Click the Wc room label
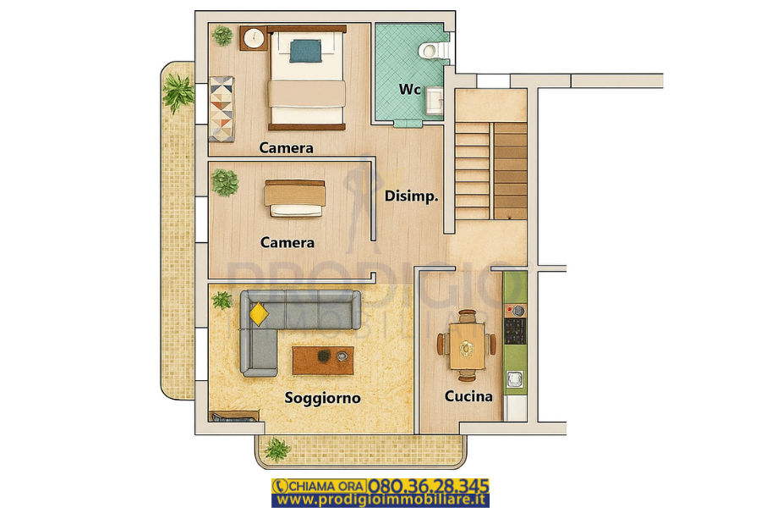pos(409,90)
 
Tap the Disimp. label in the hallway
pos(412,196)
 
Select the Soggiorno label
pos(323,398)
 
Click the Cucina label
pos(468,396)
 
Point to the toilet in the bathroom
pos(435,50)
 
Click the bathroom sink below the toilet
pos(435,101)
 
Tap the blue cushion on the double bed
pos(305,51)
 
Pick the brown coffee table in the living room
pos(323,360)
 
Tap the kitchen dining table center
pos(467,345)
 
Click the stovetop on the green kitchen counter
pos(515,330)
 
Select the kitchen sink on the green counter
pos(515,379)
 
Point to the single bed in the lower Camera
pos(294,199)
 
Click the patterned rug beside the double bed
pos(222,109)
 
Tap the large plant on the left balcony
pos(178,92)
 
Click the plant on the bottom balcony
pos(277,450)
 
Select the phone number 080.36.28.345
pos(428,486)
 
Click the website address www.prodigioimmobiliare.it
pos(380,500)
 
